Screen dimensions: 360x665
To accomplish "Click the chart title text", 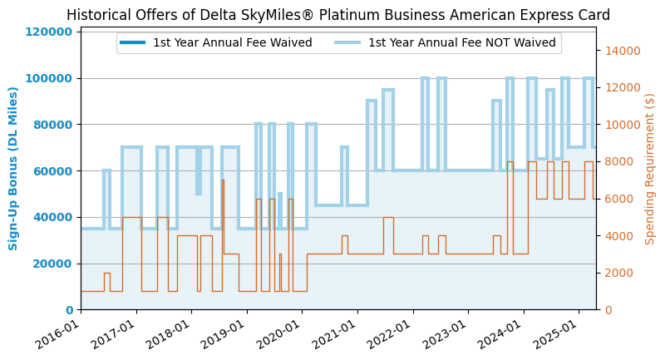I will [338, 15].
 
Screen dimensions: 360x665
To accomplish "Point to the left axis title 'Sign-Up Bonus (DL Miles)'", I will [13, 168].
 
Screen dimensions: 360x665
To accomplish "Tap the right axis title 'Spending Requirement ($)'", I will [650, 168].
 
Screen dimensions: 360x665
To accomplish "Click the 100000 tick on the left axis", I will [51, 78].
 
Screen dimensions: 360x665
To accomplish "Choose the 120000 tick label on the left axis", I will [51, 32].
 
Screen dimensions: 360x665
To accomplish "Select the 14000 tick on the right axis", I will [622, 51].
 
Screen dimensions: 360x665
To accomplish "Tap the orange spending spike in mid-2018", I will [223, 180].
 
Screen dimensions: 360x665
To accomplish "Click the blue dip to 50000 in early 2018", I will [199, 193].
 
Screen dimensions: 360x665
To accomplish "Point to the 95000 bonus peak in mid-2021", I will [388, 90].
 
